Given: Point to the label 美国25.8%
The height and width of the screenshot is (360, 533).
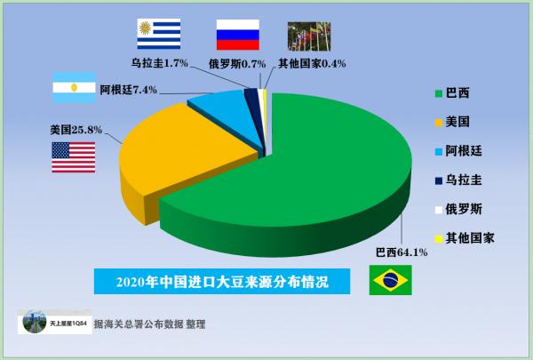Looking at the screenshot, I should [76, 130].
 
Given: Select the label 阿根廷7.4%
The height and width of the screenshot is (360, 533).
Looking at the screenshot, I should [128, 89].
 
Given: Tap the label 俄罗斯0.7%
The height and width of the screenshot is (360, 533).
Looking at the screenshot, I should [239, 63].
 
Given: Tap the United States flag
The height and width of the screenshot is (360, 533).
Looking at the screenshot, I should [73, 156].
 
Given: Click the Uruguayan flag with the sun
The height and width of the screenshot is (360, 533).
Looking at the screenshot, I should [159, 34].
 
